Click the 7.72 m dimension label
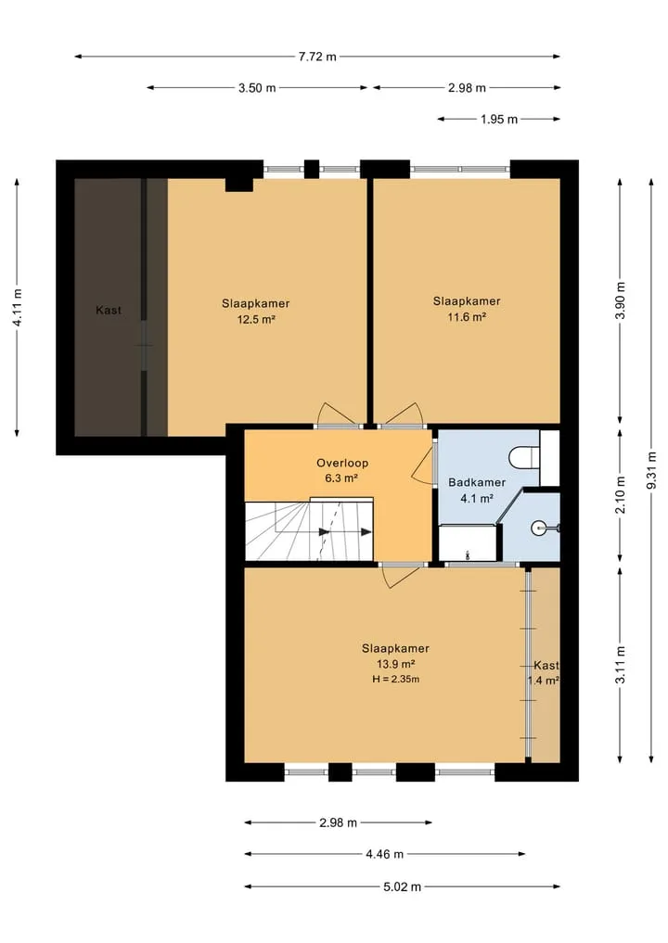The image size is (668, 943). [x=317, y=57]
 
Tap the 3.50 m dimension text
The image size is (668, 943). [x=257, y=88]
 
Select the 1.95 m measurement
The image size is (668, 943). [x=499, y=119]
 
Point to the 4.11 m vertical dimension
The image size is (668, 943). [x=18, y=308]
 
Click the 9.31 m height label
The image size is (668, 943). [x=651, y=471]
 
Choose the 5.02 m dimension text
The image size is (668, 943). [x=402, y=886]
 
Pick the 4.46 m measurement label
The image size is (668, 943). [x=384, y=854]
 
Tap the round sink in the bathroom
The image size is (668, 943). [x=539, y=528]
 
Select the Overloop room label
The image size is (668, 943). [x=342, y=463]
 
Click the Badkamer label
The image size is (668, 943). [x=477, y=482]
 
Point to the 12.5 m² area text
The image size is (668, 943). [x=256, y=319]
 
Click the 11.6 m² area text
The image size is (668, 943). [x=467, y=317]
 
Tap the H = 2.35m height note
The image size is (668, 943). [x=395, y=680]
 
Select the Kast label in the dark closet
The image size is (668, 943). [x=109, y=311]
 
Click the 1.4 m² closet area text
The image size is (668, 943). [x=544, y=681]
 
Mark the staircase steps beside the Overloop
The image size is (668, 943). [x=309, y=529]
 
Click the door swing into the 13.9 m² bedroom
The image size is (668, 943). [x=402, y=576]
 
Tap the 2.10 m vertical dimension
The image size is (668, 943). [x=621, y=495]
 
